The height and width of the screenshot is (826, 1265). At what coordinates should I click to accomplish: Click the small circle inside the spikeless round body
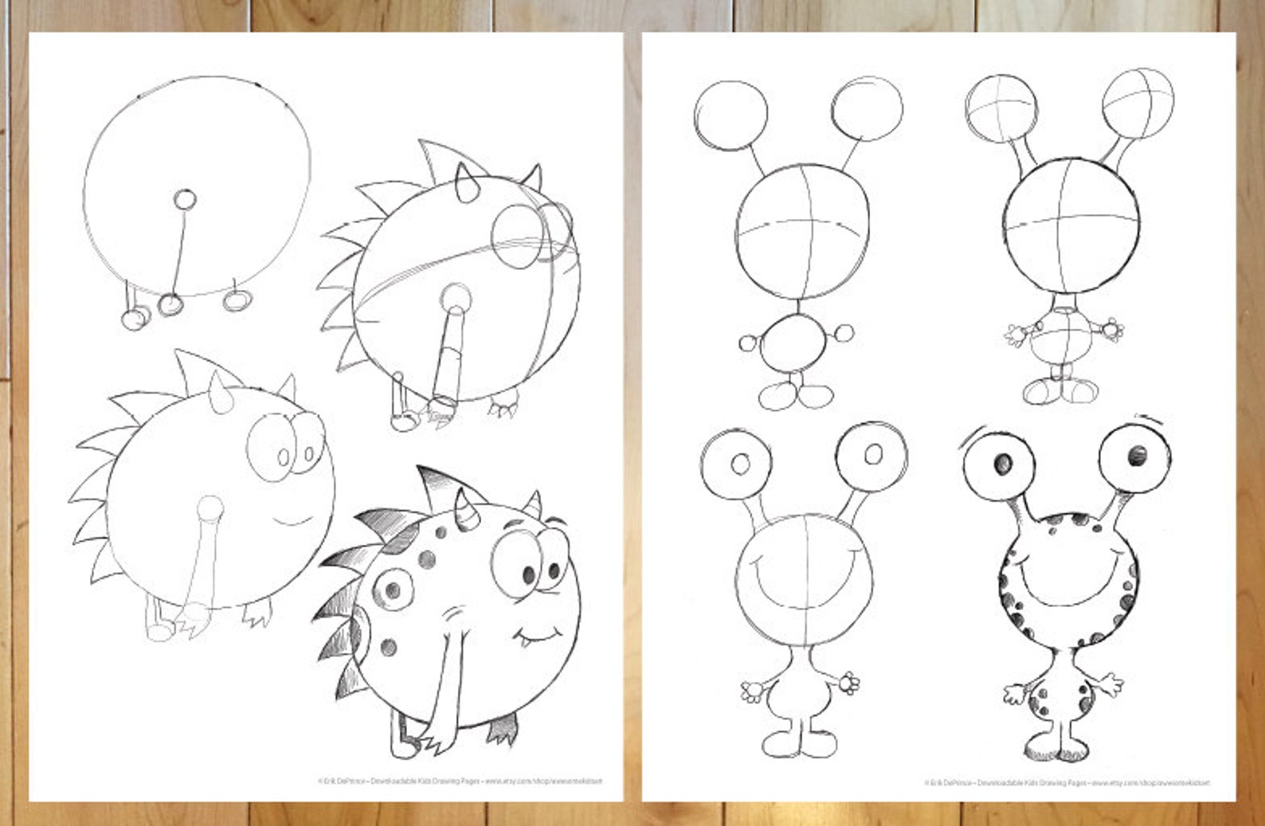[x=185, y=198]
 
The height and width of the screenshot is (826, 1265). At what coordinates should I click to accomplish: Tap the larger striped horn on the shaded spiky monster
[x=464, y=511]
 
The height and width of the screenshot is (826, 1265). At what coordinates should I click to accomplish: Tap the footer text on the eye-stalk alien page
[x=1067, y=783]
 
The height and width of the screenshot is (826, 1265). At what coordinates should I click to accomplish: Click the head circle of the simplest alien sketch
[x=802, y=232]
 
